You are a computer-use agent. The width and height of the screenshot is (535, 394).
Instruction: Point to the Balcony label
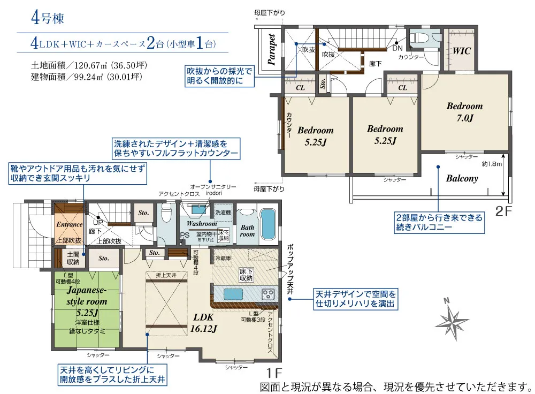pos(462,179)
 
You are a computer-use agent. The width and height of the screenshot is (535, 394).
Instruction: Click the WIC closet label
pos(462,51)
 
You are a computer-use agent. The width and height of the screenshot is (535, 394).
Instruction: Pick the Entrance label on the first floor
pos(69,224)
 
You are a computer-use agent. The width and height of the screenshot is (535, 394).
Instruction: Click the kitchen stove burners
pos(267,294)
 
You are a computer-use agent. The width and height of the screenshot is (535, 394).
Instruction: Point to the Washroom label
pos(202,223)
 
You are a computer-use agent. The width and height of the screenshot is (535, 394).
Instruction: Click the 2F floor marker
pos(504,211)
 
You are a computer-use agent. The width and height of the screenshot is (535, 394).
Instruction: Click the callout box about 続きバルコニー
pos(438,222)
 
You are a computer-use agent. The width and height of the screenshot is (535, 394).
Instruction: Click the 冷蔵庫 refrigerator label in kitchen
pos(222,257)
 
